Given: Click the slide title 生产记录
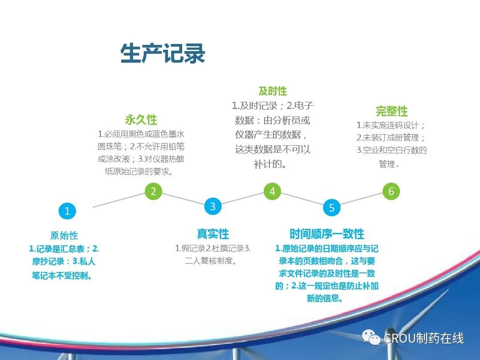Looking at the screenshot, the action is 163,53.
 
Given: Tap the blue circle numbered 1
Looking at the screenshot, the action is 67,211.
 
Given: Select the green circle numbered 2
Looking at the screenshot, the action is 153,191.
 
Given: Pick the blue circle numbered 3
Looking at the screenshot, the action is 213,206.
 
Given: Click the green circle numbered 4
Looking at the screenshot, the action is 272,191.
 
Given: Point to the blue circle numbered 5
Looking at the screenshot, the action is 332,208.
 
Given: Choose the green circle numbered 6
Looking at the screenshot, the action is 391,191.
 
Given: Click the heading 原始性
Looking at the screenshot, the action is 64,235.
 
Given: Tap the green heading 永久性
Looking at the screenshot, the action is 141,120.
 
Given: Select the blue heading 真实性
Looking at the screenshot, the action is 213,234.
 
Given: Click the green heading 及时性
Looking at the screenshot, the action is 272,91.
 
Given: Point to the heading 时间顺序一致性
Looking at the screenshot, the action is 327,234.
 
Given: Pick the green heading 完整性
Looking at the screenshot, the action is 392,111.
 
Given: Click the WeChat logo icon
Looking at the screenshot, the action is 371,337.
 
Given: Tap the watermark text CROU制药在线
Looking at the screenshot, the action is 424,338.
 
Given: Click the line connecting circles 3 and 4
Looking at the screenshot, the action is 243,199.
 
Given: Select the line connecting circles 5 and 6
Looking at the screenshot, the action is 361,199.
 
